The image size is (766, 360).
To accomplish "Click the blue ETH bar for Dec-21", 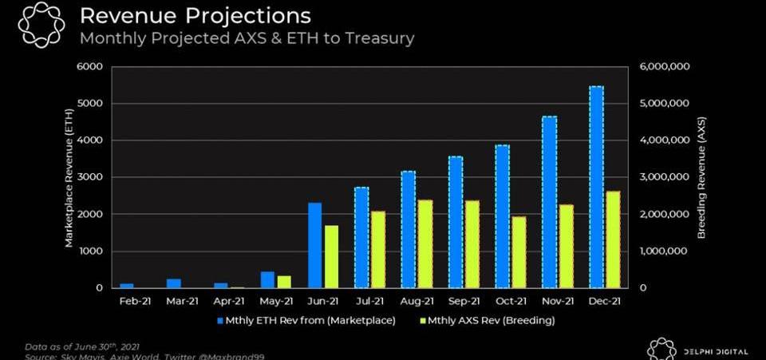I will (x=596, y=187).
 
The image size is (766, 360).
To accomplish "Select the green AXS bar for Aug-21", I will (x=426, y=243).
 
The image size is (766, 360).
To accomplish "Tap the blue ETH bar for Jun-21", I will (x=314, y=245).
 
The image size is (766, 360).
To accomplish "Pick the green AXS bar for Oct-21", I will (x=519, y=251).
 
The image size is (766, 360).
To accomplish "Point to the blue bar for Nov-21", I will (x=549, y=202).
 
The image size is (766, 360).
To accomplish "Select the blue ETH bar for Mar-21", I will (x=174, y=283).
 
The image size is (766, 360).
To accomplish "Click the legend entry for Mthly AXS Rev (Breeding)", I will (x=482, y=320).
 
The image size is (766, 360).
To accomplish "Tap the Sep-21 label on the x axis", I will (x=463, y=301).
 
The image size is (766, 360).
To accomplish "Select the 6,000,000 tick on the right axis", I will (x=665, y=66).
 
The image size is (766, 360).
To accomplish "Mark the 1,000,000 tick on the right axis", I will (x=665, y=251).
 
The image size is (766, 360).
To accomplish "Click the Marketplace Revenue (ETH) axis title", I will (x=69, y=177).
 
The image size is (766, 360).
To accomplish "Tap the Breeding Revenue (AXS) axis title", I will (x=702, y=177).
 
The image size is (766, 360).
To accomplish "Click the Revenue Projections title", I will (x=195, y=15).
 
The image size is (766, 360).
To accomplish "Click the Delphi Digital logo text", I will (x=716, y=351).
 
